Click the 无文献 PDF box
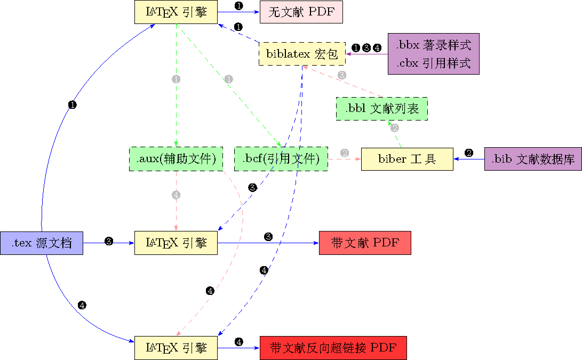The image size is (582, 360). pyautogui.click(x=301, y=12)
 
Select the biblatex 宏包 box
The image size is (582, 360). pyautogui.click(x=302, y=53)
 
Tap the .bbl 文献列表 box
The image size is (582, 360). pyautogui.click(x=381, y=109)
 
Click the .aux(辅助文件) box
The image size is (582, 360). pyautogui.click(x=176, y=158)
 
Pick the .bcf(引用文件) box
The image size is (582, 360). pyautogui.click(x=281, y=158)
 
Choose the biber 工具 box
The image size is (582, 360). pyautogui.click(x=407, y=158)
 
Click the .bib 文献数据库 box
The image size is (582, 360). pyautogui.click(x=532, y=158)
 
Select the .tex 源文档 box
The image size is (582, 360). pyautogui.click(x=41, y=243)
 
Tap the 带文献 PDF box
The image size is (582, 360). pyautogui.click(x=365, y=243)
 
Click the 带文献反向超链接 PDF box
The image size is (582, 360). pyautogui.click(x=333, y=348)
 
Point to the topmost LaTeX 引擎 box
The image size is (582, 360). pyautogui.click(x=176, y=12)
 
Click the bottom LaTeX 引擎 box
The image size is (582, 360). pyautogui.click(x=176, y=348)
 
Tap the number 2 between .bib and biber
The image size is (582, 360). pyautogui.click(x=469, y=153)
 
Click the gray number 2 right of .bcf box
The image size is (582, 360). pyautogui.click(x=345, y=153)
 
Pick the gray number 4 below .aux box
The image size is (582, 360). pyautogui.click(x=176, y=195)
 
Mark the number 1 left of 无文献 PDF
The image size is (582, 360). pyautogui.click(x=238, y=6)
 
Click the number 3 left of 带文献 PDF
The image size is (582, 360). pyautogui.click(x=268, y=237)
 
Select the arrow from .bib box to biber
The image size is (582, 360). pyautogui.click(x=464, y=159)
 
